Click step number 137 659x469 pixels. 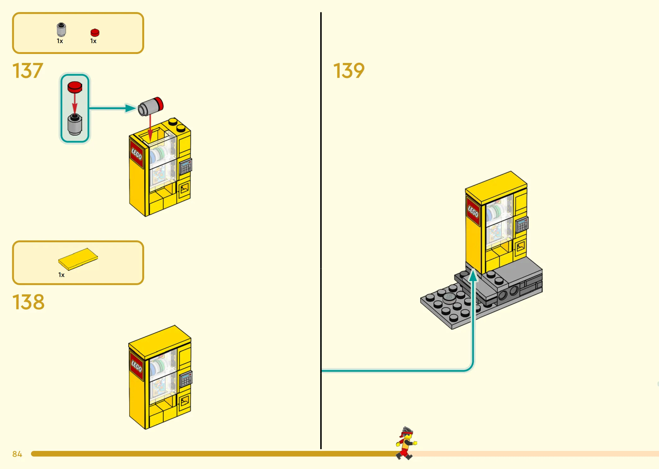pyautogui.click(x=28, y=71)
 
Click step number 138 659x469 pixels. pyautogui.click(x=28, y=302)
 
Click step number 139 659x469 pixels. pyautogui.click(x=349, y=71)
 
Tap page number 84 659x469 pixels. pyautogui.click(x=17, y=454)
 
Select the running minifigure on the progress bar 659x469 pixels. pyautogui.click(x=406, y=443)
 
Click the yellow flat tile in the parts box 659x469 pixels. pyautogui.click(x=78, y=259)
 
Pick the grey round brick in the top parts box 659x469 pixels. pyautogui.click(x=61, y=30)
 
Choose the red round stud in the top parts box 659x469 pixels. pyautogui.click(x=95, y=33)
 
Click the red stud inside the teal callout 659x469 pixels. pyautogui.click(x=75, y=87)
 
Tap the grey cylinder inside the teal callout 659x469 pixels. pyautogui.click(x=75, y=124)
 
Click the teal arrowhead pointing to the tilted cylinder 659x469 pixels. pyautogui.click(x=130, y=108)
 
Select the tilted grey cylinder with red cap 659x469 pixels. pyautogui.click(x=151, y=106)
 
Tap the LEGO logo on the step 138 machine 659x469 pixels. pyautogui.click(x=136, y=366)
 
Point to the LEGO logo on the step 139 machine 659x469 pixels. pyautogui.click(x=473, y=212)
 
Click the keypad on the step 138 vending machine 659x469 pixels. pyautogui.click(x=186, y=379)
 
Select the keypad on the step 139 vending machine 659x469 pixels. pyautogui.click(x=522, y=224)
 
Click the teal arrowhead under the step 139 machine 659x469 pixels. pyautogui.click(x=473, y=275)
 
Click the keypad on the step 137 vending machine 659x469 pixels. pyautogui.click(x=186, y=167)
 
